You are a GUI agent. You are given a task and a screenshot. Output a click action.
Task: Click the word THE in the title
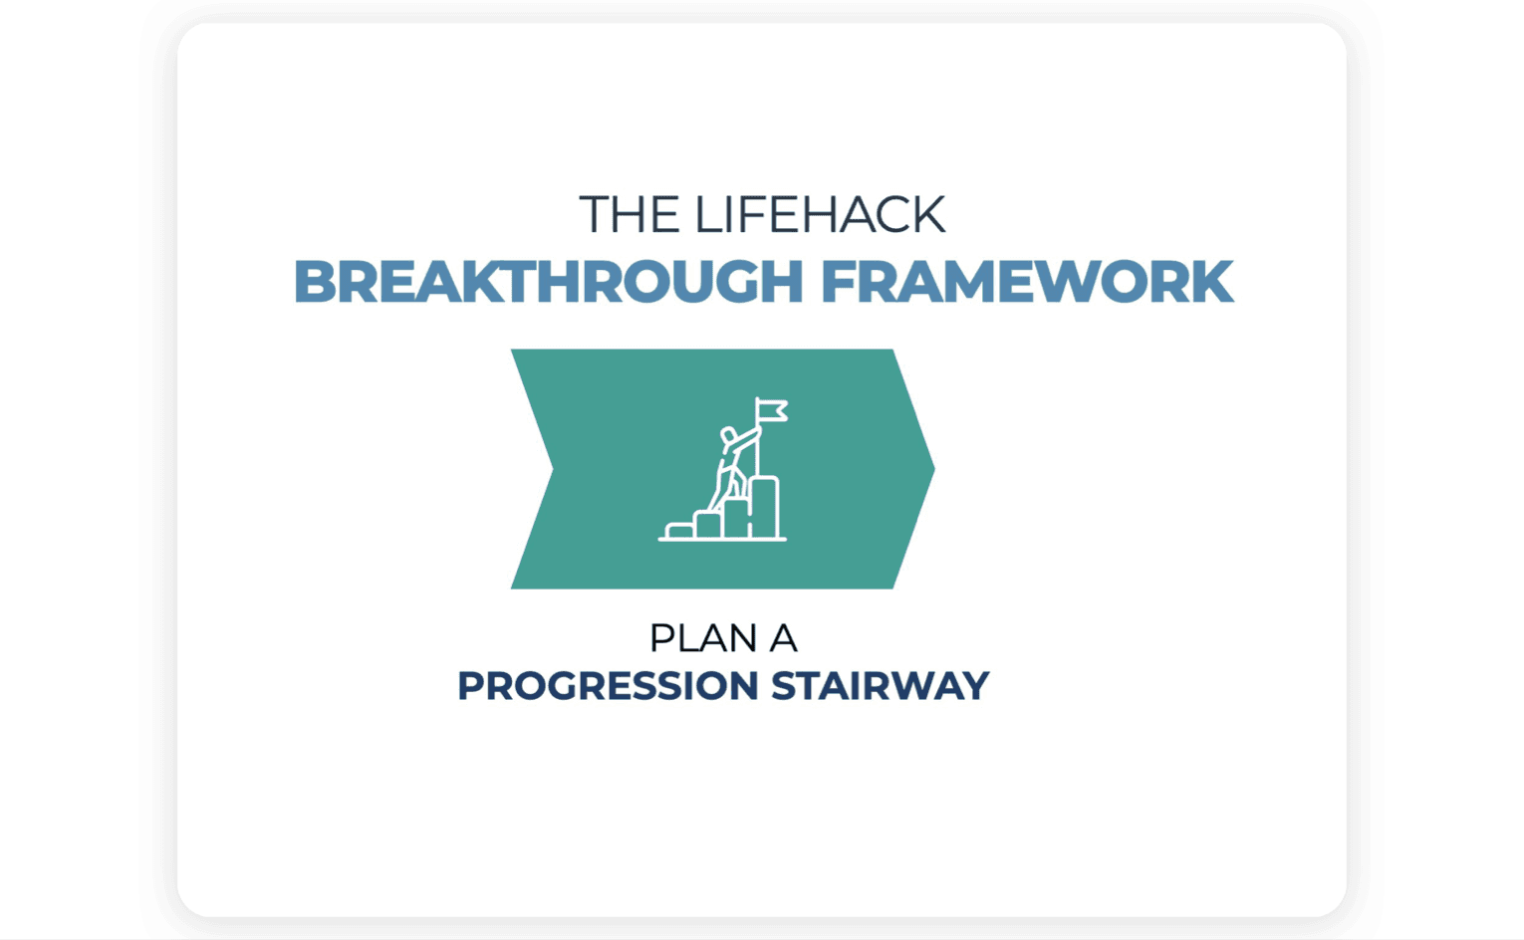630,214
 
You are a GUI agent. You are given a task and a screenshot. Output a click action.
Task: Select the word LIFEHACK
820,214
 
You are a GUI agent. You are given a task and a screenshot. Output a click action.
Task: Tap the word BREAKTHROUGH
549,282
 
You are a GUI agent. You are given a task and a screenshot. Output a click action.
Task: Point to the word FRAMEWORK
1027,282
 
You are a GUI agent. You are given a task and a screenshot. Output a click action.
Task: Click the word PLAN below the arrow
704,638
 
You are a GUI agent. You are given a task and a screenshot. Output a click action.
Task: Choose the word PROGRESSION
608,685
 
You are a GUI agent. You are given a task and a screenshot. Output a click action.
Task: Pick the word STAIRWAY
880,685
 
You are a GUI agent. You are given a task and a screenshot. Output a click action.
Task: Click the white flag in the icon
773,411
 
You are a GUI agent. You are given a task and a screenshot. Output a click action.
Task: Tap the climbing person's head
728,435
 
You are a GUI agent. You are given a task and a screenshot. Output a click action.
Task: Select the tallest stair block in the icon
765,508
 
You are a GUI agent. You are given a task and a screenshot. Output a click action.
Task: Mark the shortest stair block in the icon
679,531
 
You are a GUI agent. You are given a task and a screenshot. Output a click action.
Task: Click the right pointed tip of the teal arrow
934,468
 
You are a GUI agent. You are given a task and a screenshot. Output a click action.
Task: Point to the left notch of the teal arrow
553,469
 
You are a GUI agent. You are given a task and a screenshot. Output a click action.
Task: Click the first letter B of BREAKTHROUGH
316,282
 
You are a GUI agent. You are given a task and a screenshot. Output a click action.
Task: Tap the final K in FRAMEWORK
1211,282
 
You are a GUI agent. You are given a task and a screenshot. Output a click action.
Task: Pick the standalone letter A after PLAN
783,638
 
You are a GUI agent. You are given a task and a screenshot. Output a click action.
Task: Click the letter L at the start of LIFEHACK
708,214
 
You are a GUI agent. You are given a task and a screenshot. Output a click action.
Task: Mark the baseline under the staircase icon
722,540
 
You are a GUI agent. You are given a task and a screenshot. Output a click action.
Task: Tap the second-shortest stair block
708,525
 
